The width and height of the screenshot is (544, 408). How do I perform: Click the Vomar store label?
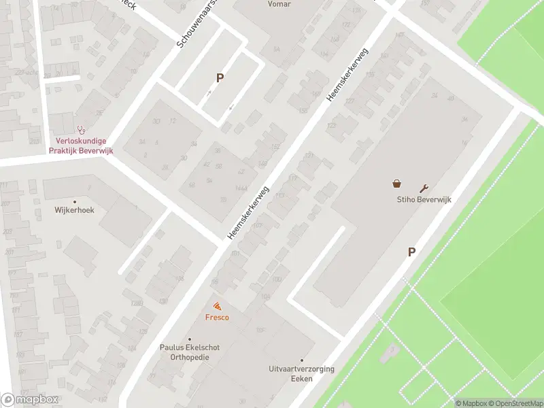tap(279, 4)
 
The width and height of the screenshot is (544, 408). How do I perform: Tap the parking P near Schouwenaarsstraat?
tap(220, 78)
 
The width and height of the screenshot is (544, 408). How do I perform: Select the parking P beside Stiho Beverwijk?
tap(411, 252)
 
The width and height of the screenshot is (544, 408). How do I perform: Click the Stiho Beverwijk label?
tap(424, 199)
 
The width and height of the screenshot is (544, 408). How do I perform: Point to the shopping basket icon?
tap(396, 184)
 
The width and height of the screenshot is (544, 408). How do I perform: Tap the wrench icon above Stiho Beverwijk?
tap(425, 188)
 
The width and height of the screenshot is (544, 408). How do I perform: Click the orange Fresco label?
tap(217, 318)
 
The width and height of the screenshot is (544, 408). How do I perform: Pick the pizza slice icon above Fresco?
tap(217, 307)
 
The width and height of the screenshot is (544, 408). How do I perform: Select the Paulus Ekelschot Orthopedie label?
tap(190, 352)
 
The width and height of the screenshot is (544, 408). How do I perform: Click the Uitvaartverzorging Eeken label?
tap(301, 373)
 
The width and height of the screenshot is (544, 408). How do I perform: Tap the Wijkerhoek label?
tap(75, 210)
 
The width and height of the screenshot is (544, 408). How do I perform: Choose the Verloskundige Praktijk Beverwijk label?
tap(80, 146)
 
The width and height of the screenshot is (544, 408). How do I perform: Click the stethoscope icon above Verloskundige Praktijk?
tap(81, 129)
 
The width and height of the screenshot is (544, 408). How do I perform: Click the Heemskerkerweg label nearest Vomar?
tap(347, 74)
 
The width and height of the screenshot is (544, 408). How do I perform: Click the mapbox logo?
tap(29, 399)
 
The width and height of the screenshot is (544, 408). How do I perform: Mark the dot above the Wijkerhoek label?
tap(75, 202)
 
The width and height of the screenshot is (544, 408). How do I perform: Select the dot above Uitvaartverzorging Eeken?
tap(302, 360)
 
